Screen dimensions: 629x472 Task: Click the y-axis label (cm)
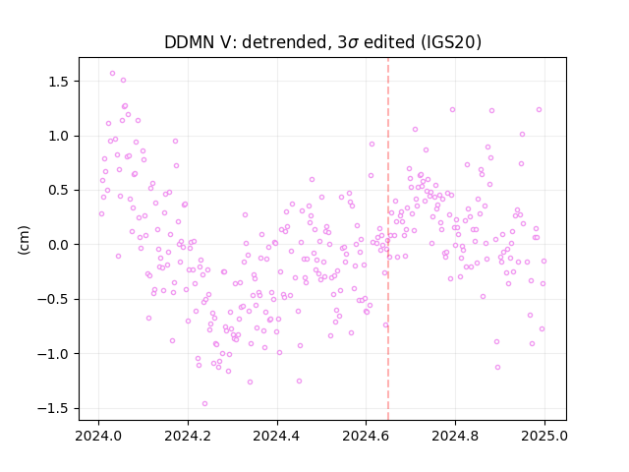24,239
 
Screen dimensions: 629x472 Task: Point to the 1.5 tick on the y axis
60,82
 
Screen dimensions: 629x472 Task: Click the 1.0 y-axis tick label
60,136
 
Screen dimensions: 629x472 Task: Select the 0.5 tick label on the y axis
60,190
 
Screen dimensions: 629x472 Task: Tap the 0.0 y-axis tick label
60,245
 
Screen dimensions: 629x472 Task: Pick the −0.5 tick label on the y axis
55,299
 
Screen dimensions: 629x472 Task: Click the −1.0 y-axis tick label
55,354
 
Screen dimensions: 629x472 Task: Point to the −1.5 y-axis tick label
55,409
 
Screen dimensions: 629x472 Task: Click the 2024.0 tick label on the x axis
98,436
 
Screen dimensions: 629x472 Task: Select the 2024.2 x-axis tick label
188,436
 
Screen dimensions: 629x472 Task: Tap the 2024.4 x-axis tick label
277,436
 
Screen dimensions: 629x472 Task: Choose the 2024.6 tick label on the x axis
366,436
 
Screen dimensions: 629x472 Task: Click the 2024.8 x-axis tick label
455,436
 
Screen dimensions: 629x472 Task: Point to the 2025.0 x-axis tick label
544,436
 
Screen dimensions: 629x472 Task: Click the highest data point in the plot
112,74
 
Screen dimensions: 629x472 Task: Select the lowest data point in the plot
204,404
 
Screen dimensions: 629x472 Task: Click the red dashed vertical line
388,239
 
